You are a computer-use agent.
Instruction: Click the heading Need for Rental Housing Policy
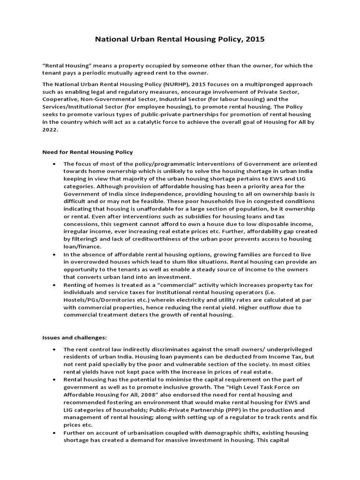[x=88, y=152]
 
